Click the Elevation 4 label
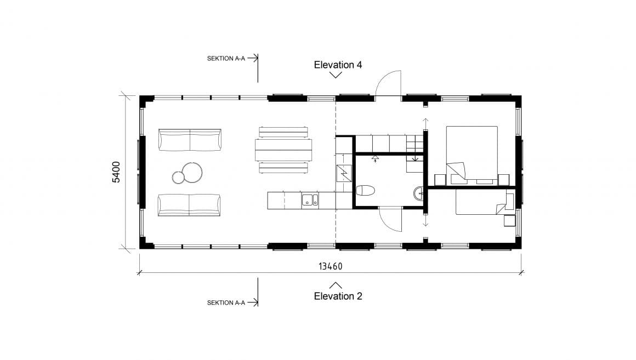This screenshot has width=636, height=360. pos(338,65)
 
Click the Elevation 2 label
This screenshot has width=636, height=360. pos(338,296)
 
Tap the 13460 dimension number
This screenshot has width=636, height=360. pos(330,266)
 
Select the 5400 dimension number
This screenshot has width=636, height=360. pos(116,172)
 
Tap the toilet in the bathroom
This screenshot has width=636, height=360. pos(365,191)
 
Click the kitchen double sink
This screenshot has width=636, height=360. pos(310,201)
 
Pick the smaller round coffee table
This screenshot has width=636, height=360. pos(179,178)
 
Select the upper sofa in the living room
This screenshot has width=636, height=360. pos(190,140)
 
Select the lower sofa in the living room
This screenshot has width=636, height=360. pos(190,205)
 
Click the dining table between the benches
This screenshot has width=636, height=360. pos(283,150)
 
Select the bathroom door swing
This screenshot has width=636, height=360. pos(390,219)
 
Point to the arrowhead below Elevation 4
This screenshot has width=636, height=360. pos(336,76)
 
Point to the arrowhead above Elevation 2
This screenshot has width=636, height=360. pos(336,284)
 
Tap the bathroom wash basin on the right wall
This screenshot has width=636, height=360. pos(420,192)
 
